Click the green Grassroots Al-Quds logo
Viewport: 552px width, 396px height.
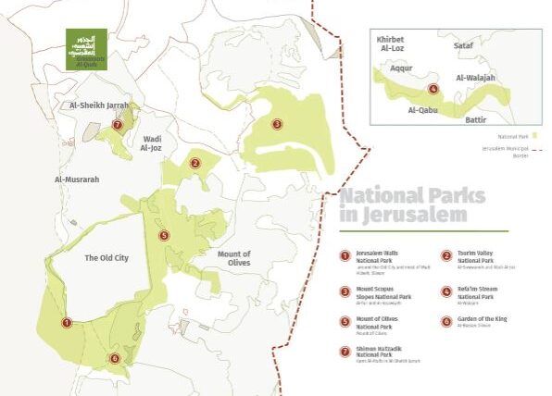[x=85, y=49]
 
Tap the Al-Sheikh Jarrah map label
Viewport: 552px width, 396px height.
[x=98, y=105]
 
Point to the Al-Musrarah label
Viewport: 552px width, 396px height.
[x=77, y=179]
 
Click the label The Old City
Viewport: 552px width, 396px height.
[x=106, y=257]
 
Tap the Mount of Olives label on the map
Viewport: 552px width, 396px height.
[x=234, y=259]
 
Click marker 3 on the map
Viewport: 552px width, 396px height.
[x=276, y=123]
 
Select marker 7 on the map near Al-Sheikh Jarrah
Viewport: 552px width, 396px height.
[x=117, y=123]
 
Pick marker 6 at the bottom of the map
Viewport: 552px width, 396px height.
[x=115, y=358]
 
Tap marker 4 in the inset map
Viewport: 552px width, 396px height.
[x=433, y=90]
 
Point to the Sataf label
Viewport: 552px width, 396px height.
[x=463, y=43]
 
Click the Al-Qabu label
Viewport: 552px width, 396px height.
[x=423, y=110]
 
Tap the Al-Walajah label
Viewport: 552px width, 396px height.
[x=479, y=80]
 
